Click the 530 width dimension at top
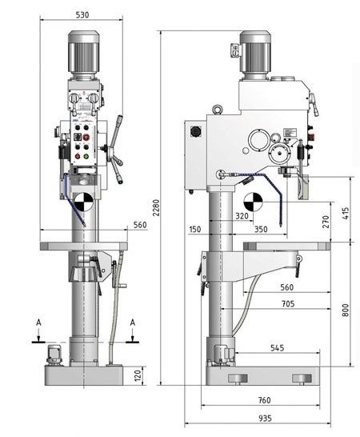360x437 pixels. click(x=82, y=14)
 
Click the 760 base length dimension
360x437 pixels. click(x=264, y=399)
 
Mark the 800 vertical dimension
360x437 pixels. click(x=346, y=311)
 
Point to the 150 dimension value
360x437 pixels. click(x=194, y=230)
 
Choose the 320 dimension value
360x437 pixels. click(x=242, y=216)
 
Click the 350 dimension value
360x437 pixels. click(x=261, y=230)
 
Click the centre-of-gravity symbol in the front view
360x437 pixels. click(x=81, y=200)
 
